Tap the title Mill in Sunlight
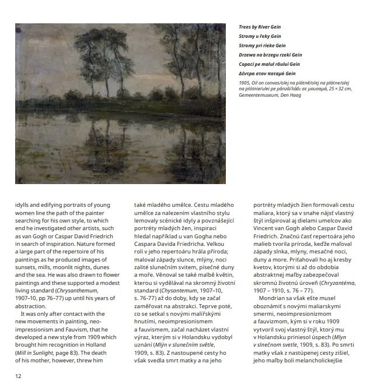coord(34,352)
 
